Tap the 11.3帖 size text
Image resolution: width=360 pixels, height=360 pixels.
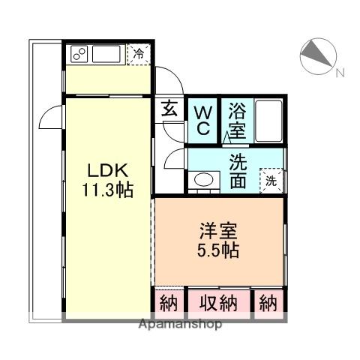coord(108,190)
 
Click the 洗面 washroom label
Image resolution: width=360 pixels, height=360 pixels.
coord(238,170)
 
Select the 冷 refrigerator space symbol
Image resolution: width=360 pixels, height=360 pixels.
coord(139,53)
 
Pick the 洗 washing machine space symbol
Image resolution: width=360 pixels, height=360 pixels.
coord(271,180)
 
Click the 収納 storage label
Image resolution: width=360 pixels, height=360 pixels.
coord(218,303)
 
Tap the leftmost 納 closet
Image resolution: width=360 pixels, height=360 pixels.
coord(168,303)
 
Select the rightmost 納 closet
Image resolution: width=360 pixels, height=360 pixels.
coord(268,303)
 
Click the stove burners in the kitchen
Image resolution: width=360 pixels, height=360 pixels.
coord(79,54)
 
